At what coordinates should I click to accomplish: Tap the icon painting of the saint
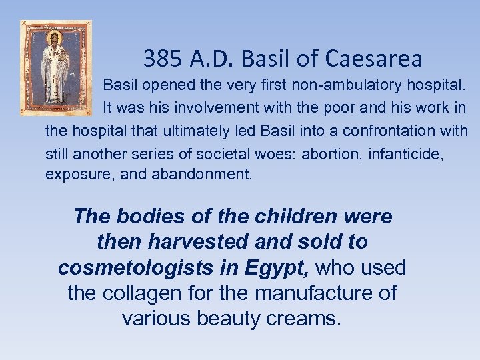click(56, 67)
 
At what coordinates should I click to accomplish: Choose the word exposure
click(71, 176)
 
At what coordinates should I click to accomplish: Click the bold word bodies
click(149, 216)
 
